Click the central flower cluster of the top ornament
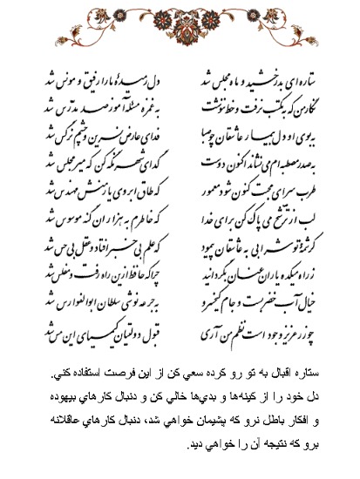[179, 20]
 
